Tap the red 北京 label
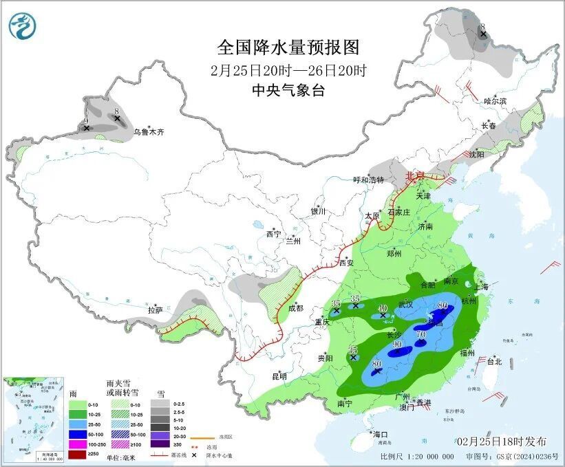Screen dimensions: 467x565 click(415, 176)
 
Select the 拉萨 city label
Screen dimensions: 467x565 click(155, 309)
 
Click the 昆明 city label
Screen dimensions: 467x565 click(278, 376)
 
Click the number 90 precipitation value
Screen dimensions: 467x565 click(397, 345)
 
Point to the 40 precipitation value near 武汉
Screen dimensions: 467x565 click(383, 307)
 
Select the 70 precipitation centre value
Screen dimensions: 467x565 click(420, 334)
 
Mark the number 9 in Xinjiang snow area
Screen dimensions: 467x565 click(86, 120)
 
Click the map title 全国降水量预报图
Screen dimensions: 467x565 click(288, 47)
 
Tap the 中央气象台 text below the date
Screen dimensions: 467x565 click(288, 90)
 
